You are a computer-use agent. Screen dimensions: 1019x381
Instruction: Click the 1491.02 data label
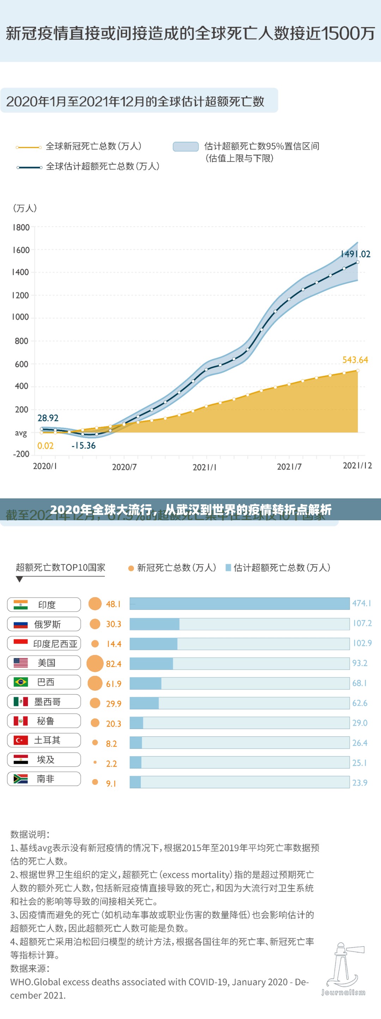click(355, 254)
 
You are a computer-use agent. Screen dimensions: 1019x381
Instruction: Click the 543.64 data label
click(355, 360)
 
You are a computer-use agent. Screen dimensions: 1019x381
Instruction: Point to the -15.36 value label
click(83, 445)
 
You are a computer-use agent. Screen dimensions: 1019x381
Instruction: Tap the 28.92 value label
click(48, 418)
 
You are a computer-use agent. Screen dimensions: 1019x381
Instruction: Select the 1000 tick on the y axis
click(20, 317)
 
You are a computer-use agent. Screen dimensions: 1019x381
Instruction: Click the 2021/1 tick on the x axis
click(204, 467)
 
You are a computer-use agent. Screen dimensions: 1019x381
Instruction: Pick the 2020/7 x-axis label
click(124, 467)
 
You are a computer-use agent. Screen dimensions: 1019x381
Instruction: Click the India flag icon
click(20, 604)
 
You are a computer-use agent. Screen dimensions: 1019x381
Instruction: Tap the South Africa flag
click(20, 778)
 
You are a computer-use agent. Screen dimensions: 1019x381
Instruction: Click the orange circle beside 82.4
click(95, 663)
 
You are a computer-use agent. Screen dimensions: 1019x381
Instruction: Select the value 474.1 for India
click(362, 603)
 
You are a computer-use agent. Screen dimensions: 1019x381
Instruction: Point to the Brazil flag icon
click(20, 682)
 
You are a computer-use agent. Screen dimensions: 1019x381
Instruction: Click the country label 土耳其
click(47, 740)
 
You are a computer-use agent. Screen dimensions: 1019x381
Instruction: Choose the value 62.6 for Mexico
click(360, 703)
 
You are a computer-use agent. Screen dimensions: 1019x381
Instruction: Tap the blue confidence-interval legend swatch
click(185, 146)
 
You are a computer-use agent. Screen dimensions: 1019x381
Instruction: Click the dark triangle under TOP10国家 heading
click(19, 580)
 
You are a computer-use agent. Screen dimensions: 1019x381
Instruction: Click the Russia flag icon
click(20, 624)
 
